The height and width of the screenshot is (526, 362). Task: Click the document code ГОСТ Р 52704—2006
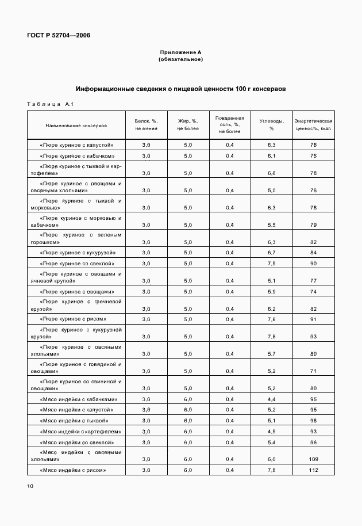pyautogui.click(x=58, y=36)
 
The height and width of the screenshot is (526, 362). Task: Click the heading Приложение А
pyautogui.click(x=180, y=52)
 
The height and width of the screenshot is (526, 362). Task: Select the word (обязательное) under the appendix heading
pyautogui.click(x=180, y=59)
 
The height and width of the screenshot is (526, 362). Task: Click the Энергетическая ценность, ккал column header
pyautogui.click(x=314, y=125)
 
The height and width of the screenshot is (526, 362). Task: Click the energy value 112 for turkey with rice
pyautogui.click(x=314, y=470)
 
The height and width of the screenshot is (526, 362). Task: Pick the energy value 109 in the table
pyautogui.click(x=314, y=459)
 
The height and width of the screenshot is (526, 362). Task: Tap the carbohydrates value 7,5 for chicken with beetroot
pyautogui.click(x=272, y=263)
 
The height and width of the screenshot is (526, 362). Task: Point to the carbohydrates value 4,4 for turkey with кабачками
pyautogui.click(x=272, y=398)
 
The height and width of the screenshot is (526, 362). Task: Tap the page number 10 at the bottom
pyautogui.click(x=30, y=486)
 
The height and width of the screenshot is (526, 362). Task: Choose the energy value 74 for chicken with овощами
pyautogui.click(x=314, y=291)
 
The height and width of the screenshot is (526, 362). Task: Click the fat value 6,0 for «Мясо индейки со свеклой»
pyautogui.click(x=187, y=442)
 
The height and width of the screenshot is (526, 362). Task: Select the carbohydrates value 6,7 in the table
pyautogui.click(x=272, y=252)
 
